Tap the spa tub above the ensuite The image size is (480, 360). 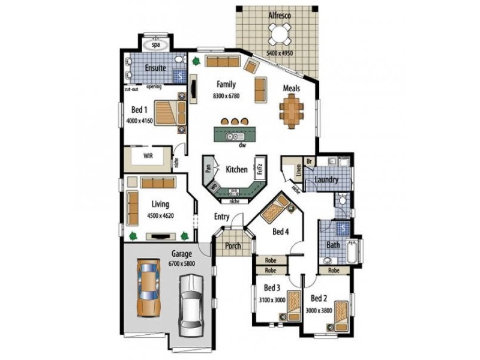point(157,45)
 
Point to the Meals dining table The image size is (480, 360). point(291,112)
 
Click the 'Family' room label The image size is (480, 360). point(226,85)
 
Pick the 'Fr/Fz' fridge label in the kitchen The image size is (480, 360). point(260,169)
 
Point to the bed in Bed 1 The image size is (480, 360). point(169,112)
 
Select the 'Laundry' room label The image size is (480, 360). point(326,179)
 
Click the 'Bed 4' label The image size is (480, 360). point(281,232)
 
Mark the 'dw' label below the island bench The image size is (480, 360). point(242,145)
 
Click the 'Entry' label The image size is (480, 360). point(222,217)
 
